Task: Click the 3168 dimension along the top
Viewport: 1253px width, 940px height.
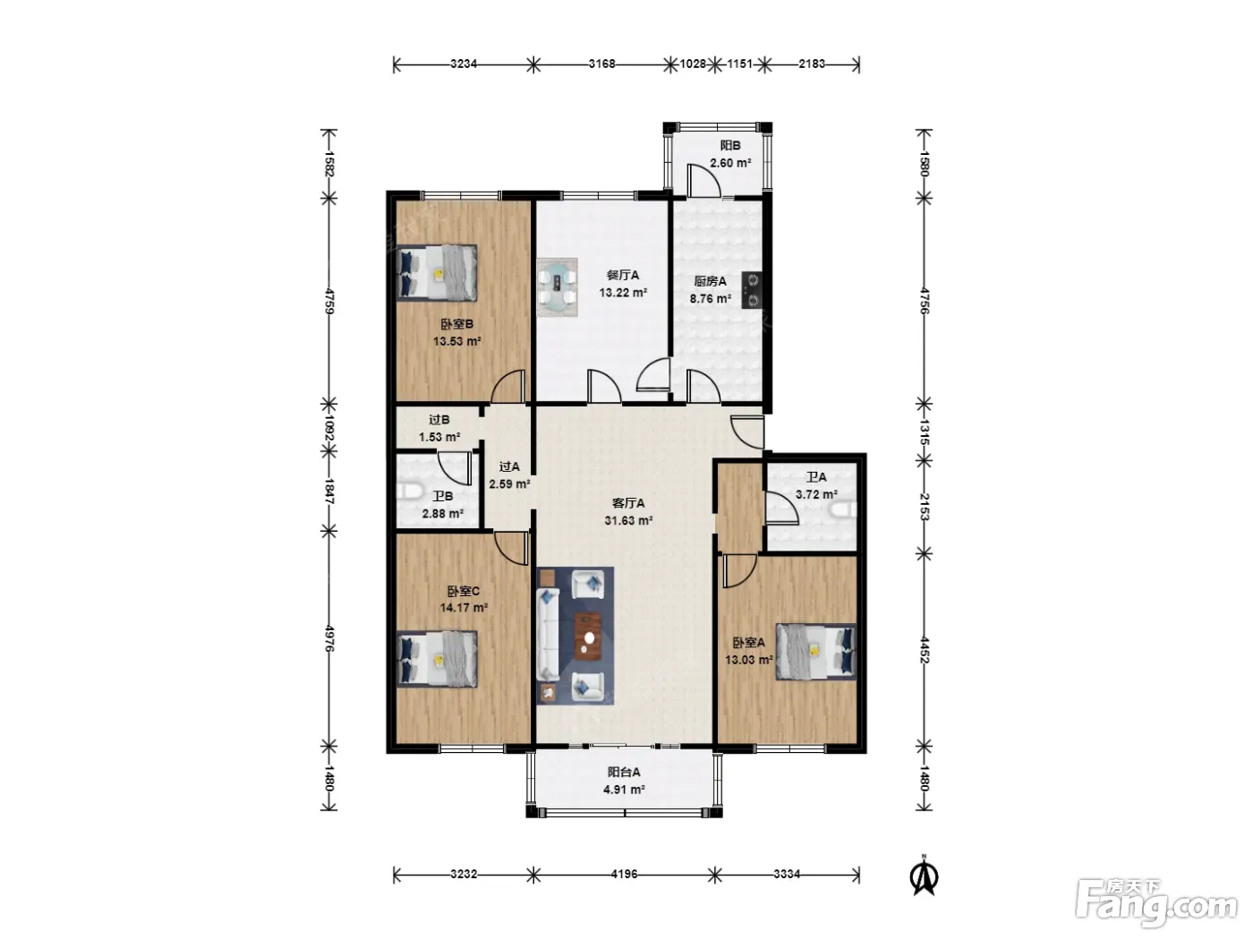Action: tap(601, 64)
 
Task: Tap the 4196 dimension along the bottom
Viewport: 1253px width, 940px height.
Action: tap(623, 874)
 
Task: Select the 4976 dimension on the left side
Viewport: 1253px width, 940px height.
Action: tap(329, 638)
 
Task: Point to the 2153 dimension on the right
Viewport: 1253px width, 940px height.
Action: tap(925, 507)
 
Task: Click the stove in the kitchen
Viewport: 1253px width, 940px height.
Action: tap(753, 290)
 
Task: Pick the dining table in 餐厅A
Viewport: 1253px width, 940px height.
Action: tap(558, 287)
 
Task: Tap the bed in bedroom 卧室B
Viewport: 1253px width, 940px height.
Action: tap(437, 273)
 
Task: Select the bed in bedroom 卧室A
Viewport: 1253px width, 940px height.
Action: tap(815, 651)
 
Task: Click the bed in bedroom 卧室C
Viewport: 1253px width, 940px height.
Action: tap(437, 659)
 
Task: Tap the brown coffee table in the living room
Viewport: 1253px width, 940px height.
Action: tap(587, 636)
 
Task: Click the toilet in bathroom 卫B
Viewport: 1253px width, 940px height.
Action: tap(409, 492)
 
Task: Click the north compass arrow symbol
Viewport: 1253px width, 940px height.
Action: tap(924, 877)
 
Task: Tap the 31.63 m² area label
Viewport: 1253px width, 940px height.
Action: tap(628, 520)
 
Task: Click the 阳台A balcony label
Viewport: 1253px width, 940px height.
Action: tap(623, 773)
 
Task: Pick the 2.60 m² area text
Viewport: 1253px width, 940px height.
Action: tap(730, 163)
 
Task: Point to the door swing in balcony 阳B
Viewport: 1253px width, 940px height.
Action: tap(703, 180)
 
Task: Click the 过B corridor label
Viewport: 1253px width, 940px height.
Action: tap(439, 420)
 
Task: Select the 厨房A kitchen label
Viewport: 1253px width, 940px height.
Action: tap(710, 281)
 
